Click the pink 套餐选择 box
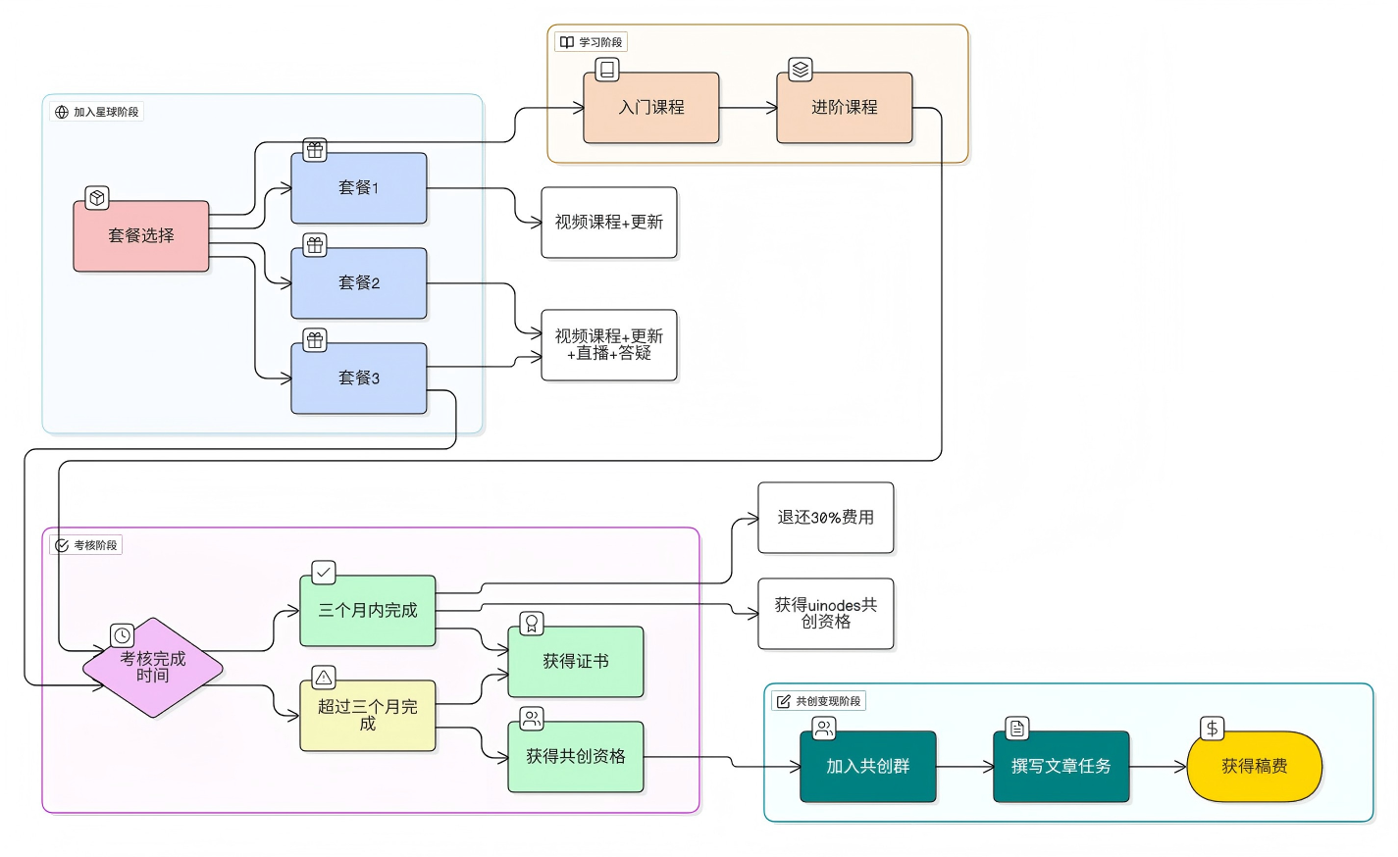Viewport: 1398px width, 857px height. pyautogui.click(x=141, y=236)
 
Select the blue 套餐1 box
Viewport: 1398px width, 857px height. pyautogui.click(x=359, y=188)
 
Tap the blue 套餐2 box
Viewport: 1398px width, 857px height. pyautogui.click(x=359, y=283)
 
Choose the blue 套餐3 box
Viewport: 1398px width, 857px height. pyautogui.click(x=359, y=378)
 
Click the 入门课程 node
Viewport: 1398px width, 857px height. pyautogui.click(x=651, y=108)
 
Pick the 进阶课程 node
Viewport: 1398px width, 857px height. pyautogui.click(x=845, y=108)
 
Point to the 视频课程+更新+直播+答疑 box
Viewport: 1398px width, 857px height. pyautogui.click(x=609, y=345)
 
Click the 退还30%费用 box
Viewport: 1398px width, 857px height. pyautogui.click(x=826, y=518)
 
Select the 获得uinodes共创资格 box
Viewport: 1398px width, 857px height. pyautogui.click(x=826, y=614)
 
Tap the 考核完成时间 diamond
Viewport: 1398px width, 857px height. pyautogui.click(x=153, y=668)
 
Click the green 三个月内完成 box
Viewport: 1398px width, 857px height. pyautogui.click(x=368, y=611)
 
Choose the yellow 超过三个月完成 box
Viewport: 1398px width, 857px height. pyautogui.click(x=368, y=716)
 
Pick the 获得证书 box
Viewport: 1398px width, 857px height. pyautogui.click(x=576, y=662)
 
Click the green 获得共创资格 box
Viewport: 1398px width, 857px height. pyautogui.click(x=576, y=757)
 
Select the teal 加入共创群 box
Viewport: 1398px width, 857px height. pyautogui.click(x=868, y=767)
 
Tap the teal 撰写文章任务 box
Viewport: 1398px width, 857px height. pyautogui.click(x=1061, y=767)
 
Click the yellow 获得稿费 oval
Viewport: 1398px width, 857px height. pyautogui.click(x=1255, y=767)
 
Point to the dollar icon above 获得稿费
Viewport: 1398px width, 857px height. pyautogui.click(x=1213, y=729)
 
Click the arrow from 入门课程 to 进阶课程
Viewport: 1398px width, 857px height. pyautogui.click(x=748, y=108)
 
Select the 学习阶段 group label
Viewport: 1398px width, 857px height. pyautogui.click(x=592, y=42)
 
